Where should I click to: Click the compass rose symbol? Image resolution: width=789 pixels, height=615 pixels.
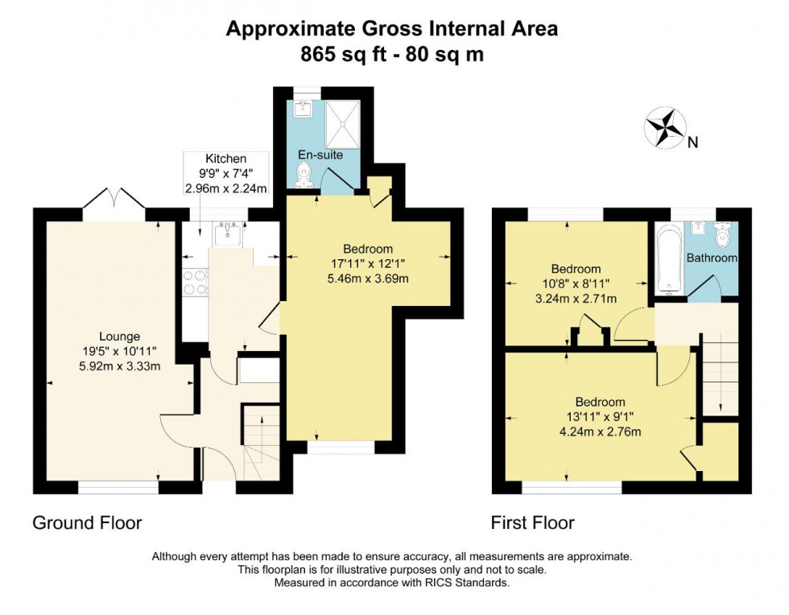(x=665, y=126)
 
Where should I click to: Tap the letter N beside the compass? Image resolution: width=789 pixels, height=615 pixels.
(x=692, y=143)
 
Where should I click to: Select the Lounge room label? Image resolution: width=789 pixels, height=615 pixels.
(x=119, y=336)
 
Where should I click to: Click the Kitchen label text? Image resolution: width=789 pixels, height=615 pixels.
(x=225, y=159)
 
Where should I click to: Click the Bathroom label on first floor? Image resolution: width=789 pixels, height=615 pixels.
(x=712, y=258)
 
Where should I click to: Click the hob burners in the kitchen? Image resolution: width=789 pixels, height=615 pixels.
(x=196, y=284)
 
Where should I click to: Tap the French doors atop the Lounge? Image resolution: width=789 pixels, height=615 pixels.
(x=113, y=200)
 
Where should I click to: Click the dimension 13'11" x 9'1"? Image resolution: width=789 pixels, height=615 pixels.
(x=600, y=417)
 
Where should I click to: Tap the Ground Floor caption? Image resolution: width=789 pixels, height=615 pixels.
(x=87, y=523)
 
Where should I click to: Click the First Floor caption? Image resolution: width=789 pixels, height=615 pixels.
(x=533, y=523)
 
